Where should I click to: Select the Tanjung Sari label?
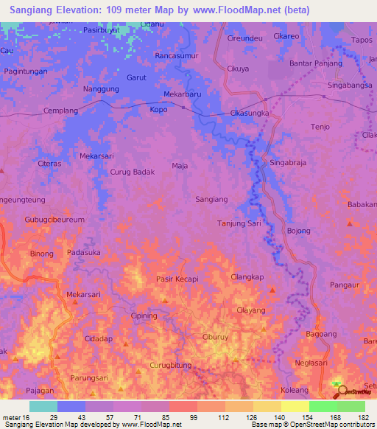239,223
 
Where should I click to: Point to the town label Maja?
180,166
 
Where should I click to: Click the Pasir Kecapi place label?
177,279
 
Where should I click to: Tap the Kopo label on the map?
158,108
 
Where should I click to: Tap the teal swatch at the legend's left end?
43,406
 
